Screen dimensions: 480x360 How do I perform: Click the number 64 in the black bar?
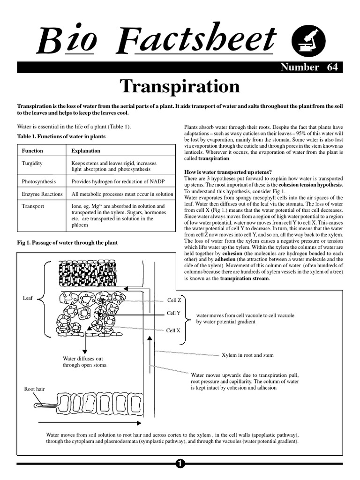[332, 67]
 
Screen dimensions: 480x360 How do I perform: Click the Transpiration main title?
[180, 87]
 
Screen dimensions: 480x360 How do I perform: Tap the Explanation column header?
[86, 151]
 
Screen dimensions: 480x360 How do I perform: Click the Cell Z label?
[174, 300]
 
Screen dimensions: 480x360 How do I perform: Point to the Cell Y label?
[174, 313]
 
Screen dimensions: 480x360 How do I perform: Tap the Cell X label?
[173, 330]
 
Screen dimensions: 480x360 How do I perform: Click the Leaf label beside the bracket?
[28, 298]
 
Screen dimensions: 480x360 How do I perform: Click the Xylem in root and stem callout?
[247, 355]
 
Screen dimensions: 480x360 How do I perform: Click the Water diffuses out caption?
[84, 361]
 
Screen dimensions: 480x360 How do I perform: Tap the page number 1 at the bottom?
[180, 464]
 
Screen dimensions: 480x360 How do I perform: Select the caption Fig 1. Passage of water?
[67, 243]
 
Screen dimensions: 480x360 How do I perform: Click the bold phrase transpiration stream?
[245, 278]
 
